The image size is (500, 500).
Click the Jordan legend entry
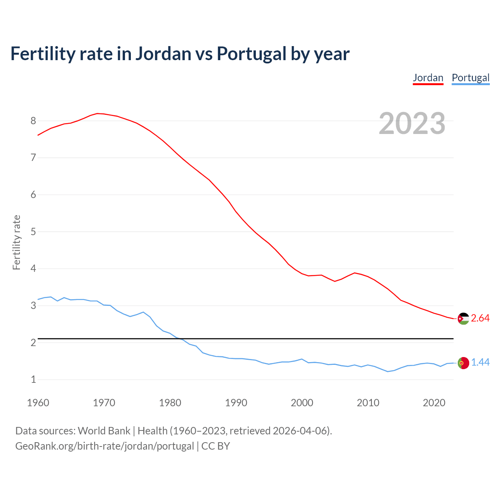click(428, 78)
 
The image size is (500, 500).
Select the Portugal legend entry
click(470, 78)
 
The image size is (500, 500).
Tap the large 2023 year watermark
click(412, 123)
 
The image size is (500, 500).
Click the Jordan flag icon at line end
click(463, 319)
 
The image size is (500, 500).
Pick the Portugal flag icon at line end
click(463, 363)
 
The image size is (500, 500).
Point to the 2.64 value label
click(480, 318)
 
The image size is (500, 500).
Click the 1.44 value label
click(480, 362)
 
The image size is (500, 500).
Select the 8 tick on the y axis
click(33, 121)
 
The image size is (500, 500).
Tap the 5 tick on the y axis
click(33, 232)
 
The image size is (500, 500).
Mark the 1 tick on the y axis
click(33, 379)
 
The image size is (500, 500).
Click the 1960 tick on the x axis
click(38, 403)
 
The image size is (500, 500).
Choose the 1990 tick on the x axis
click(236, 403)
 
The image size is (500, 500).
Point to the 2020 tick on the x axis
click(434, 403)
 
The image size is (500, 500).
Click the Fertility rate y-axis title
click(16, 242)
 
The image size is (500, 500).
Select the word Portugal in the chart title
click(251, 54)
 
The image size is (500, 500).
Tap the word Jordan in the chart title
click(163, 54)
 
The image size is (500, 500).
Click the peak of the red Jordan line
click(98, 113)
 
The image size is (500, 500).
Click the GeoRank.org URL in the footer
click(105, 446)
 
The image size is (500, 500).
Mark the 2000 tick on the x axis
click(302, 403)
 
